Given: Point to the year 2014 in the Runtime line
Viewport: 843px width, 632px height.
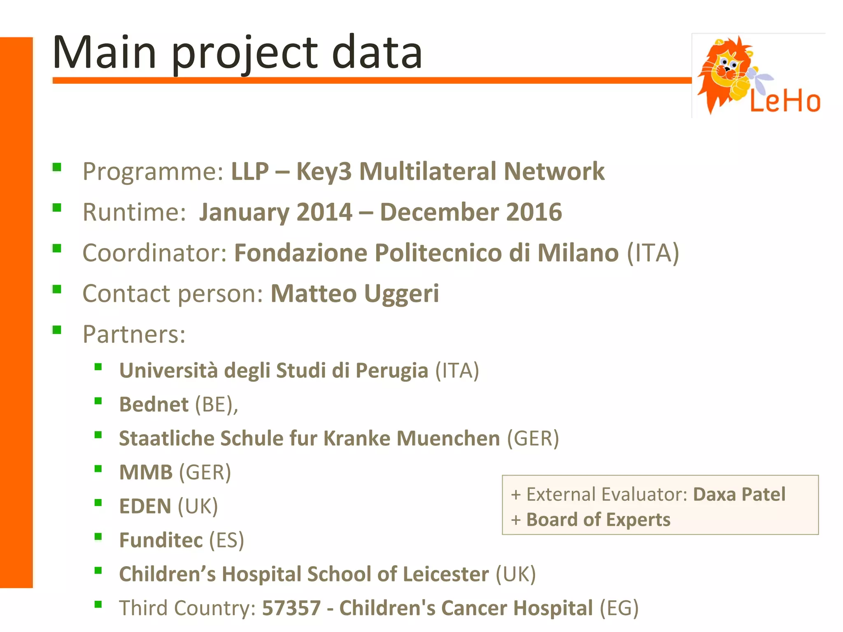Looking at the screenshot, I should tap(324, 212).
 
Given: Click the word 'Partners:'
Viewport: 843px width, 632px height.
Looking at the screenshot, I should tap(134, 334).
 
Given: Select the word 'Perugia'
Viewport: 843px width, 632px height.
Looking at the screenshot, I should tap(391, 370).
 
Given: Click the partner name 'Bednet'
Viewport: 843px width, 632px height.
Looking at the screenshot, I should tap(154, 404).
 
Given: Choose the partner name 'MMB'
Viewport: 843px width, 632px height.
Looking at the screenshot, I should tap(146, 472).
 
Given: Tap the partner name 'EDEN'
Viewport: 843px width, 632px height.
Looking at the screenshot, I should tap(145, 506).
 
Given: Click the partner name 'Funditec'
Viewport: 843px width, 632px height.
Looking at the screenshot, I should tap(161, 540).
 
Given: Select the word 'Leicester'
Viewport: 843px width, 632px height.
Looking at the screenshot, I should tap(446, 574).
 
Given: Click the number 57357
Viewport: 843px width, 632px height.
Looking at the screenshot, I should tap(291, 608).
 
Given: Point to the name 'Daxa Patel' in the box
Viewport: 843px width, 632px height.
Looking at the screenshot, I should tap(739, 494).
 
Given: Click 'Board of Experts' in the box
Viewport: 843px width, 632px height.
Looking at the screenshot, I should tap(598, 520).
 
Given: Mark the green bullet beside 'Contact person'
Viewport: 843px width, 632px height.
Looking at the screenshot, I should tap(57, 289).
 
